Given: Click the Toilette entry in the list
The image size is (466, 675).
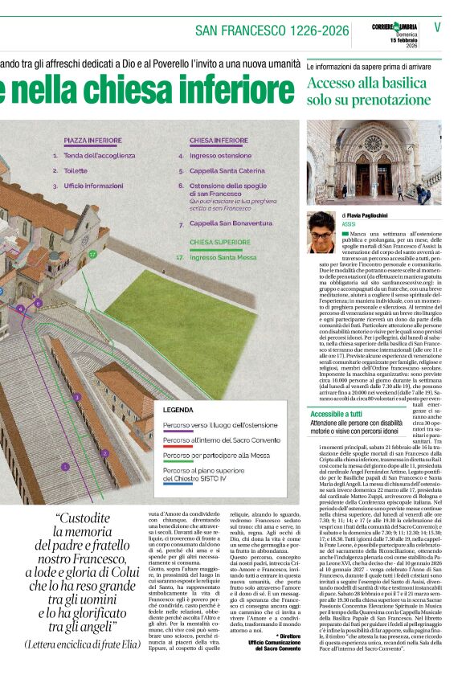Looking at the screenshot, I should [x=76, y=170].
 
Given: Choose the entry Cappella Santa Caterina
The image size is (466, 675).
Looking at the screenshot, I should [x=226, y=170].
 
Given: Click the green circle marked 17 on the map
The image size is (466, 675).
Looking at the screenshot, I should [x=93, y=254].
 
